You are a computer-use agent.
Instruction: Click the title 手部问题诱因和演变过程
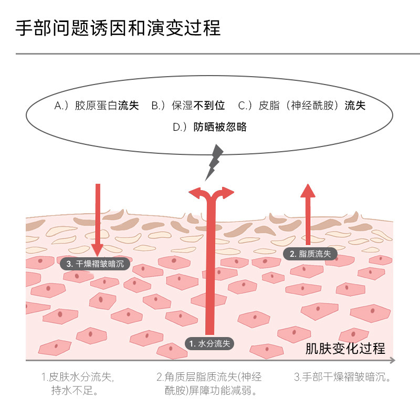click(118, 28)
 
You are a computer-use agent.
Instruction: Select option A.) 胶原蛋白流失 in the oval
click(97, 106)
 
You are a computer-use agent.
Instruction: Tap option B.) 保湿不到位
click(188, 106)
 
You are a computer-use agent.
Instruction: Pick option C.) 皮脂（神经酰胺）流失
click(302, 106)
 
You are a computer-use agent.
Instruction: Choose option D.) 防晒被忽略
click(209, 127)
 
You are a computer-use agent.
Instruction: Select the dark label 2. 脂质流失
click(310, 254)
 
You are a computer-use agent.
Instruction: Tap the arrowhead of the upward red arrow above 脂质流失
click(308, 190)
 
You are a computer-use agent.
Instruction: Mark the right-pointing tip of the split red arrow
click(229, 193)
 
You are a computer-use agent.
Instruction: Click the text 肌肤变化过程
click(345, 348)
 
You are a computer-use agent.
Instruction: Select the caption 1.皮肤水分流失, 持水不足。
click(77, 384)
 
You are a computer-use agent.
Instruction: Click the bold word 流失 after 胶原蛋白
click(128, 106)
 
